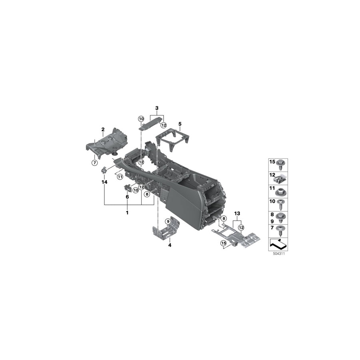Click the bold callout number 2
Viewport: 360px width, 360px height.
point(103,129)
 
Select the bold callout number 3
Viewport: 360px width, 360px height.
point(157,108)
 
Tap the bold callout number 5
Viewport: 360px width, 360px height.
point(180,124)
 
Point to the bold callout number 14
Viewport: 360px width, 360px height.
point(105,182)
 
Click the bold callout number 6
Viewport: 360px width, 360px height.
point(127,197)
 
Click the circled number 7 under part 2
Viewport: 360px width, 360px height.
point(94,162)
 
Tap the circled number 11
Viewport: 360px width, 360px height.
point(119,176)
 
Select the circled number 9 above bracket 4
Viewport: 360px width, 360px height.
point(168,221)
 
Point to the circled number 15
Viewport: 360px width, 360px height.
point(223,243)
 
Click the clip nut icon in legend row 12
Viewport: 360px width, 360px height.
point(282,175)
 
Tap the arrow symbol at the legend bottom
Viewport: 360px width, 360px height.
point(278,242)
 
